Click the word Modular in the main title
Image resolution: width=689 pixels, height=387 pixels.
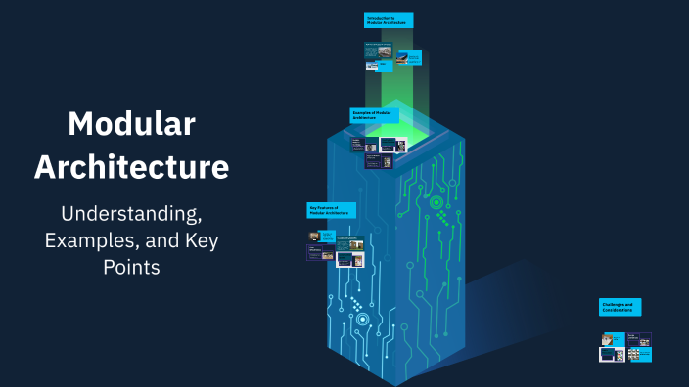[132, 124]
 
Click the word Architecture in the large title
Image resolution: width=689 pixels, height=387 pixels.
[132, 166]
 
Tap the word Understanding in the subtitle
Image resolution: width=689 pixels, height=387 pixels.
[132, 212]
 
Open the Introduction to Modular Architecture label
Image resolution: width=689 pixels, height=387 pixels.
[388, 20]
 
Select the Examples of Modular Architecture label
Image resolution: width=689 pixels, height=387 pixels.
[374, 114]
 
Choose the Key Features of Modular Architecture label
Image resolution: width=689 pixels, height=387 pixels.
[331, 209]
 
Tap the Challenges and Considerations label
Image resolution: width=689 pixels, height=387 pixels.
[620, 307]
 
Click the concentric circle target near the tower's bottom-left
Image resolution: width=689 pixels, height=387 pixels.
[362, 319]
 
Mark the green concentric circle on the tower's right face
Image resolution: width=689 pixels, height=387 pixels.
[435, 202]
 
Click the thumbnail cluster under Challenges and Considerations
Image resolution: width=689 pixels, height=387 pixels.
[625, 347]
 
